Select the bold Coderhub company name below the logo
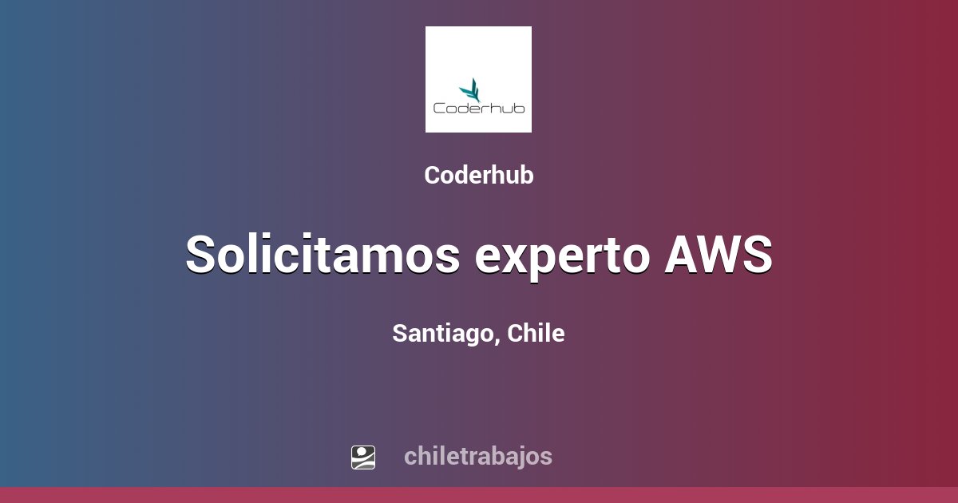point(479,176)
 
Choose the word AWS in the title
point(718,255)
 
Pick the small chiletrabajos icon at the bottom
point(363,457)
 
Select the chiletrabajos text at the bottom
point(478,457)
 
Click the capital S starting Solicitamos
point(203,255)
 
